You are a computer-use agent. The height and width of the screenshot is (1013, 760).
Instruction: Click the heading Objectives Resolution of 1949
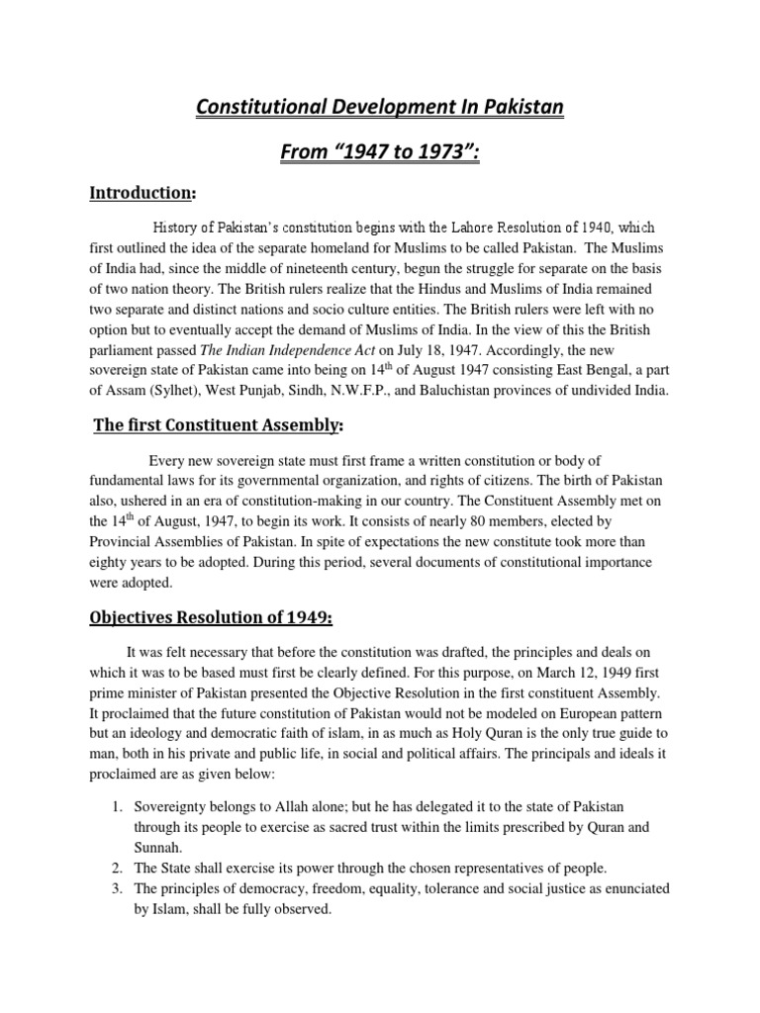tap(212, 619)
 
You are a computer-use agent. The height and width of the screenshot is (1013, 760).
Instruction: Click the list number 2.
tap(114, 868)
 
